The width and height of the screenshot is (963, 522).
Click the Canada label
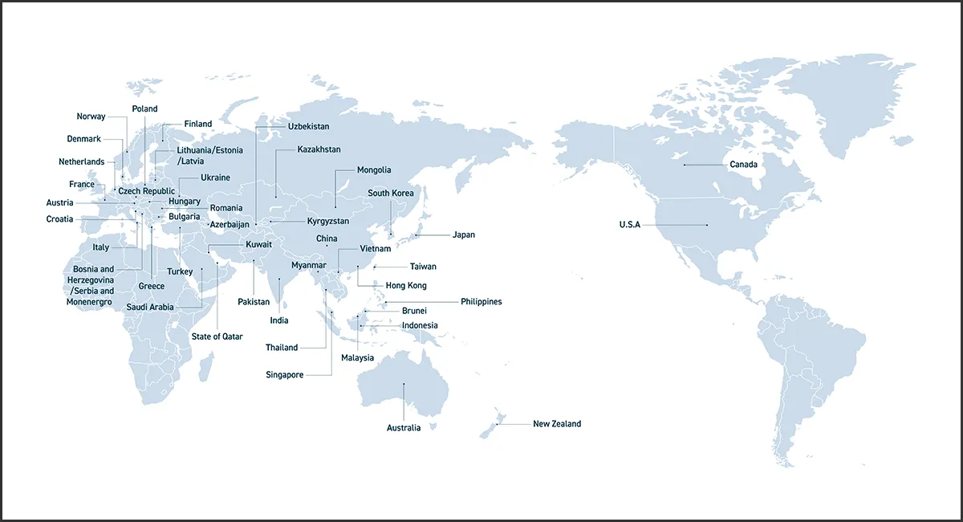click(x=743, y=165)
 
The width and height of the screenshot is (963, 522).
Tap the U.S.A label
click(x=629, y=225)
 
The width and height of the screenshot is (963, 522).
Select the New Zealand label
click(x=556, y=424)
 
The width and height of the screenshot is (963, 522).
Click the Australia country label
click(x=404, y=428)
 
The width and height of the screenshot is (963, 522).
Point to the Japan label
click(x=464, y=235)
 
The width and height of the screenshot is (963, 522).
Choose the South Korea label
click(x=391, y=194)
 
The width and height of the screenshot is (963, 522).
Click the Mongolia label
click(x=374, y=170)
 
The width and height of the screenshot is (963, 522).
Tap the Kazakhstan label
click(x=319, y=150)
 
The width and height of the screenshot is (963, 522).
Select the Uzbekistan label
click(x=308, y=127)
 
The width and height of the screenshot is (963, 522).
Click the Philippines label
click(x=481, y=302)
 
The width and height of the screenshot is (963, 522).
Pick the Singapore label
click(x=284, y=375)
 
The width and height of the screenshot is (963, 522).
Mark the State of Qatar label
click(x=217, y=336)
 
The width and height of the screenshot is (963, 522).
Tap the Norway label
click(x=91, y=117)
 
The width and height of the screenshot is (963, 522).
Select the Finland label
click(x=197, y=124)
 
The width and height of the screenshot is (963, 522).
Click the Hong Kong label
click(x=406, y=286)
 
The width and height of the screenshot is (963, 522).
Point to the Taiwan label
click(x=423, y=267)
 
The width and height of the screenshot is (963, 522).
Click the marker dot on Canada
click(x=684, y=165)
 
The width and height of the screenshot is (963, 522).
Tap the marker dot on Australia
click(x=404, y=384)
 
